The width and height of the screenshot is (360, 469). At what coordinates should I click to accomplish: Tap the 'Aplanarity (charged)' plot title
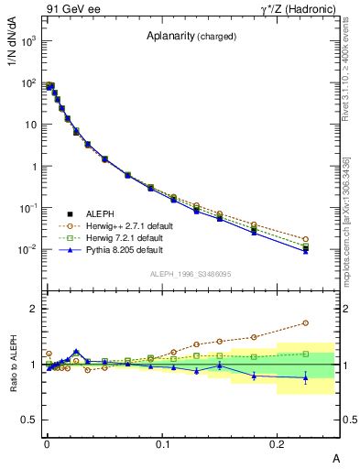191,37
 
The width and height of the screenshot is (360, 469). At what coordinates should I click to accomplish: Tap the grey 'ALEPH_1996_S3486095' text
191,274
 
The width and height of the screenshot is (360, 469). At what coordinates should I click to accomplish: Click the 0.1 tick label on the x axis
163,442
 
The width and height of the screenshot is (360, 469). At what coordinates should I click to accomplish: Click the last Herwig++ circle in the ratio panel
305,322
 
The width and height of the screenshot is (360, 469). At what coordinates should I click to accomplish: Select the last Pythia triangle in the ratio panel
305,376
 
